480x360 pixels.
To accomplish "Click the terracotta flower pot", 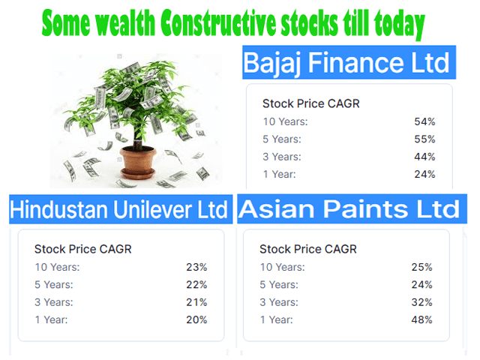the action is pos(138,162).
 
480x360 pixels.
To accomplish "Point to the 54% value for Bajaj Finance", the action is pos(424,121).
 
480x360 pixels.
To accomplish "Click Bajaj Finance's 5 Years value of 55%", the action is pos(424,139).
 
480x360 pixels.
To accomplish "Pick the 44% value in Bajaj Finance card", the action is pos(424,157).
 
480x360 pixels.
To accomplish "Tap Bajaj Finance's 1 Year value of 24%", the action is pos(424,175).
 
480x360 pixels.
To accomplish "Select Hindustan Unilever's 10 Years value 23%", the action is pos(196,267).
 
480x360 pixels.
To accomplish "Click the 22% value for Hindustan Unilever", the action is pos(196,285).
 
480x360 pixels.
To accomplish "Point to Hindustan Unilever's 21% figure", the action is pos(196,302).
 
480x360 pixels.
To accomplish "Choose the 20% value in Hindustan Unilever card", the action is pos(196,320).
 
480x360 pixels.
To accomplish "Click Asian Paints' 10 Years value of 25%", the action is pos(421,267).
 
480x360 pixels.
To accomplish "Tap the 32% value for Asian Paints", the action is pos(421,302).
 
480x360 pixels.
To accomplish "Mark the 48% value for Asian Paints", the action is pos(421,320).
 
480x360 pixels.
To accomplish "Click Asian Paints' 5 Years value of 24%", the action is pos(421,285).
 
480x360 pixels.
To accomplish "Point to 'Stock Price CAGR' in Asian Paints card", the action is pos(308,249).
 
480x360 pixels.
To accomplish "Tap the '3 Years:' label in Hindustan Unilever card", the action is pos(54,302).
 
